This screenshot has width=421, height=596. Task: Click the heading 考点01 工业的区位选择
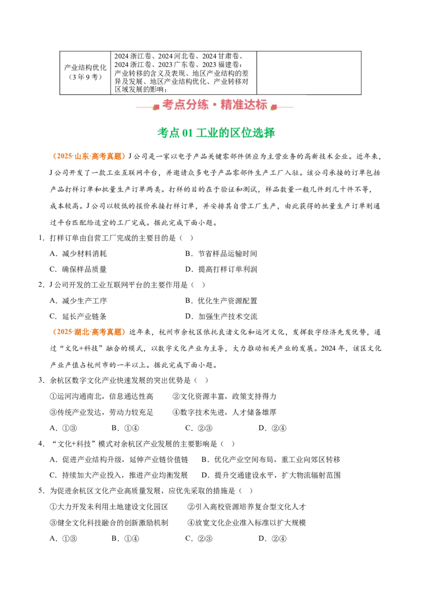point(216,133)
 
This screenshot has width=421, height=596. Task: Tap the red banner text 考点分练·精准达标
point(215,105)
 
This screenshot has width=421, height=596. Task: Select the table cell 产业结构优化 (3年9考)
point(85,72)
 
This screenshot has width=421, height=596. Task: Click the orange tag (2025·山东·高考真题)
point(89,156)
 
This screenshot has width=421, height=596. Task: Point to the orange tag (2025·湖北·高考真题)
point(89,332)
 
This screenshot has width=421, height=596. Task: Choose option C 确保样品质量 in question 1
point(78,270)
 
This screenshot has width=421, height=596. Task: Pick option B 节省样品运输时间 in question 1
point(221,254)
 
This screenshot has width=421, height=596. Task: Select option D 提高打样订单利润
point(221,270)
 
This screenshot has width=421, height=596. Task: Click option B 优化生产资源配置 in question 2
point(221,301)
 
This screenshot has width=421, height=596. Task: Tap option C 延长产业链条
point(78,316)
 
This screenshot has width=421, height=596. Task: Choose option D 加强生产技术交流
point(221,316)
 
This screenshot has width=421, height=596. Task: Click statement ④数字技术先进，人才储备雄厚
point(224,412)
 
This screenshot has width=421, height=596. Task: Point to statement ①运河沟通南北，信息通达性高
point(102,396)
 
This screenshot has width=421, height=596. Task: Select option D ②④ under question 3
point(273,428)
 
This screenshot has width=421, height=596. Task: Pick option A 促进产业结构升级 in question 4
point(119,460)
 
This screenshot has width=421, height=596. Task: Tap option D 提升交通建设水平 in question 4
point(271,475)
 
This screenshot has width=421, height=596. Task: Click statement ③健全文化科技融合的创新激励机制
point(109,523)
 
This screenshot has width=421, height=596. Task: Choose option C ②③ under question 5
point(199,539)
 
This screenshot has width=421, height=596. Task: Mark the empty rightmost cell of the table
point(309,73)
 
